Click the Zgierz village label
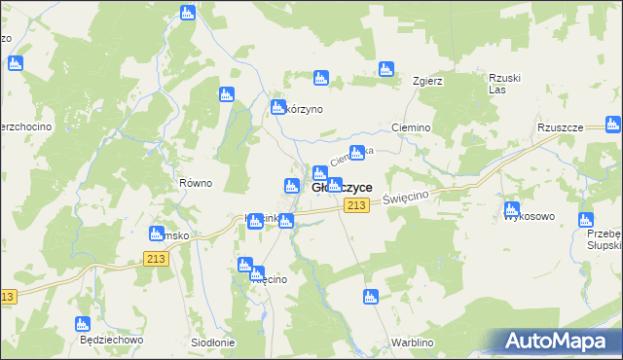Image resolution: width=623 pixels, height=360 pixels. coord(428,81)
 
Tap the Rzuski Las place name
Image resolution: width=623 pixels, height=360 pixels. coord(500,85)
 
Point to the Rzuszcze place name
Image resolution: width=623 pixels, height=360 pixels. coord(559,127)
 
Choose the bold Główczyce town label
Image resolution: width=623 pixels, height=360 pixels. coord(341,187)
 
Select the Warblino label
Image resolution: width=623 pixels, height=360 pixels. coord(412,342)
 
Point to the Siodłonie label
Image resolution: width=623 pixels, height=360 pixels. coord(212,342)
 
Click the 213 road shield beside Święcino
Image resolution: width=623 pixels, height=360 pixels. coord(356,204)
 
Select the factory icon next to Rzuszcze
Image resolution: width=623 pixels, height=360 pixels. coord(612,125)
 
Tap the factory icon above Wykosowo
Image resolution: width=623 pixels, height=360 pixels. coord(512,208)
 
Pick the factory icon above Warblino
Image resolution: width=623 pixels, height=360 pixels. coord(370,297)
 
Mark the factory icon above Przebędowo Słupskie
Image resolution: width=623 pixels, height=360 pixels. coord(585,220)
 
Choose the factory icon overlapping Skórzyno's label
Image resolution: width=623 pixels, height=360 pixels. coord(275,108)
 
